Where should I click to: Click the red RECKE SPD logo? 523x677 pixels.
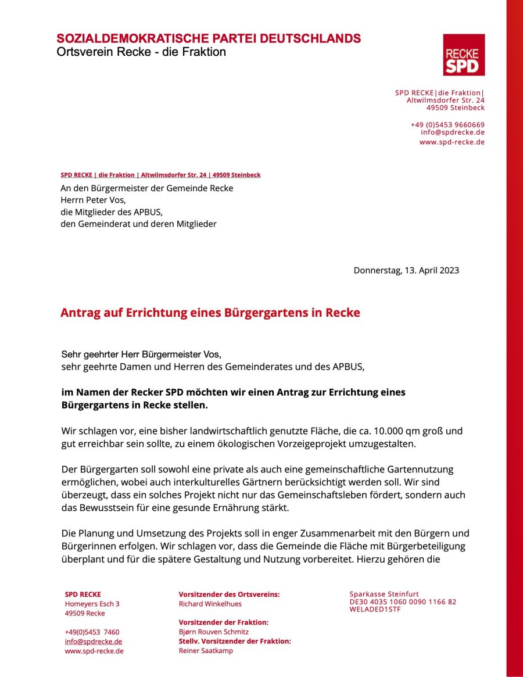point(464,55)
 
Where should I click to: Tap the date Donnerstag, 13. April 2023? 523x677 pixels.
point(406,270)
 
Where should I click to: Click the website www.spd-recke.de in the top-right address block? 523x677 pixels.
point(452,142)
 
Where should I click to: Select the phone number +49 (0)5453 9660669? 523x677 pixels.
point(447,124)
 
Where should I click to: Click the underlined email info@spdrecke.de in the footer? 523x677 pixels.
point(93,642)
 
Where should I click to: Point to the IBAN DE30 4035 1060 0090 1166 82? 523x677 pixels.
point(403,602)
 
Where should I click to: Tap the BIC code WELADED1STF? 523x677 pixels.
point(375,610)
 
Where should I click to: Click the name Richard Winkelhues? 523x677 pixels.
point(210,604)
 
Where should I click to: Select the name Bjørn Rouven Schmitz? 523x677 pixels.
point(213,632)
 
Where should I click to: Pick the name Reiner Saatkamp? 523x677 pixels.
point(206,651)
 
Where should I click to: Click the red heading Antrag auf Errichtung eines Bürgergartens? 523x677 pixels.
point(210,313)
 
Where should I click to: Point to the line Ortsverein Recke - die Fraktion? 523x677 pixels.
point(141,52)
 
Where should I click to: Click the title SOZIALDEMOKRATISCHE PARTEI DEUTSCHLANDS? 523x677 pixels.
point(209,39)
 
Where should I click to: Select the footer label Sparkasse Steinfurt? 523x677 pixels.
point(384,594)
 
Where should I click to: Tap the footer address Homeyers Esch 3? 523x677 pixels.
point(92,604)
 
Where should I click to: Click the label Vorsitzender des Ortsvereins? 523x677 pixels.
point(229,594)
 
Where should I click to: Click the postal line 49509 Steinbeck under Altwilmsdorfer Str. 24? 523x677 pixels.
point(455,108)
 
